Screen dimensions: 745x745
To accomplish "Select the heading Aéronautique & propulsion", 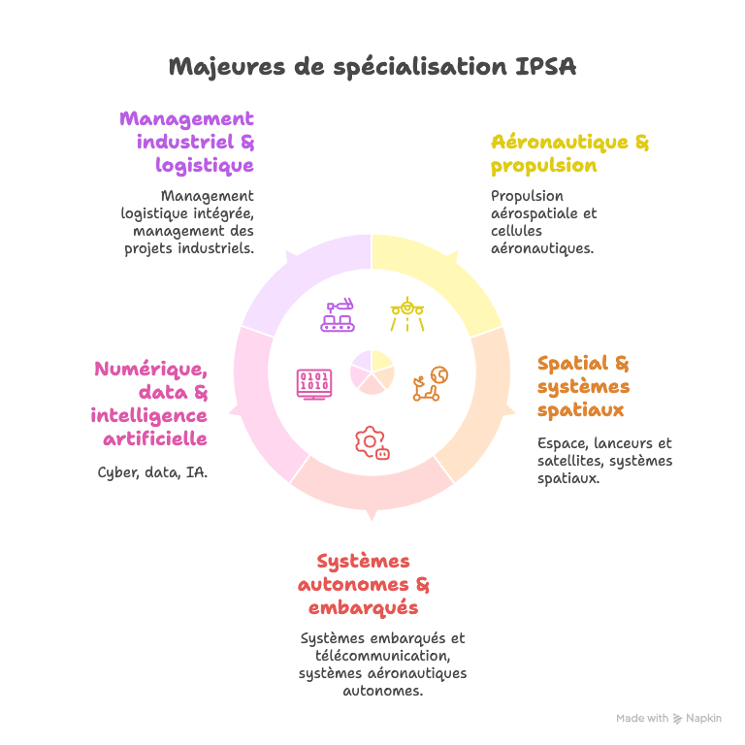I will [569, 154].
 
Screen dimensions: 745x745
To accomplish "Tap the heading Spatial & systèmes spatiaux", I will [583, 387].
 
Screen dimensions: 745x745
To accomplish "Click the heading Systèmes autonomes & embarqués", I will [364, 585].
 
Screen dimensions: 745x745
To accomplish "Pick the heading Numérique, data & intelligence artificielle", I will [150, 404].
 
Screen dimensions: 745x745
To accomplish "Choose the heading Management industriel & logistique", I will [188, 143].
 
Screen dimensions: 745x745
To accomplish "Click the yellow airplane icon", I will [407, 311].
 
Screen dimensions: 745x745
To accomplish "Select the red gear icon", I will [372, 441].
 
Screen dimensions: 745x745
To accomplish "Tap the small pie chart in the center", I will [372, 372].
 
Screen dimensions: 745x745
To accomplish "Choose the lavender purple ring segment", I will [301, 281].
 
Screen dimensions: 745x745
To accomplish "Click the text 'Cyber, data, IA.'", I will [152, 473].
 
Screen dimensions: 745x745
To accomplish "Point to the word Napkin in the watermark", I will [703, 719].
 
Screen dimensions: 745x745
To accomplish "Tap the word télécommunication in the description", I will [382, 656].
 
